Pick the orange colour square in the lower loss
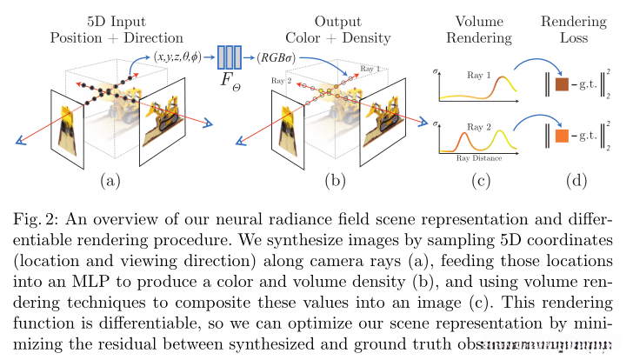(x=560, y=136)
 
